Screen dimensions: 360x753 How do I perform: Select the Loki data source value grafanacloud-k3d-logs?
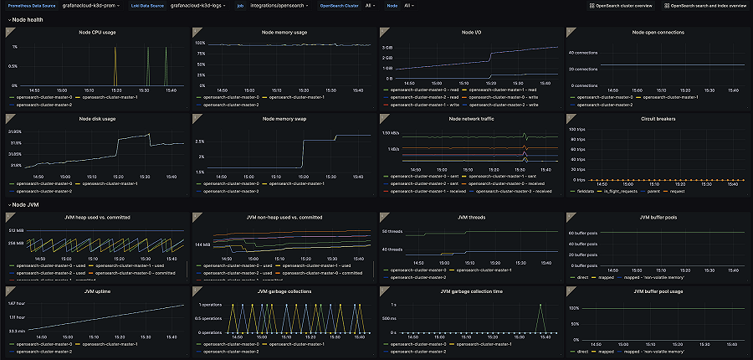point(197,5)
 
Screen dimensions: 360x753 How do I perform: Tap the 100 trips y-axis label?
point(576,130)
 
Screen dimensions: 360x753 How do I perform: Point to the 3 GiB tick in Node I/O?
point(387,48)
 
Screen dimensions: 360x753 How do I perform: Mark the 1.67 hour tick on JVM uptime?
point(15,302)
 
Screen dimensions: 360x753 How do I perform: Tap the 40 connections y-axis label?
point(582,52)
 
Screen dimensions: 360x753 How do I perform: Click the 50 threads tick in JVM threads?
point(392,230)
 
